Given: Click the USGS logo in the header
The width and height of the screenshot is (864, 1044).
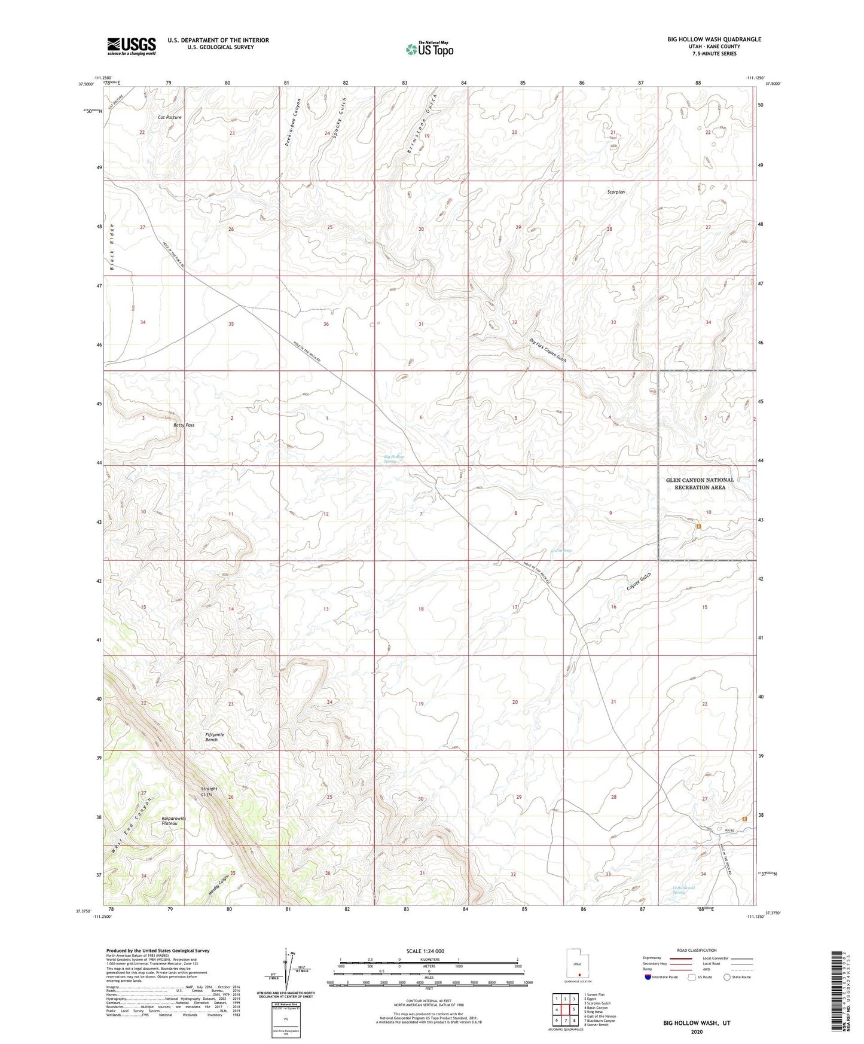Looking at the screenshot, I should [x=132, y=46].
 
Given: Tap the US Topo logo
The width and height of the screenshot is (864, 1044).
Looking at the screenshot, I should [x=429, y=49].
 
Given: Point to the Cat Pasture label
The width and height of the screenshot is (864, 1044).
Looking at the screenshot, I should [x=169, y=118].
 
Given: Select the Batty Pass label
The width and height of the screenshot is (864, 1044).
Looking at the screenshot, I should [x=184, y=425].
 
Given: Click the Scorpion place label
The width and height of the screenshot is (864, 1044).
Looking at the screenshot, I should [x=616, y=192].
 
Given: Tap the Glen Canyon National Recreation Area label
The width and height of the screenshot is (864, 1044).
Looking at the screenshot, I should [x=700, y=484].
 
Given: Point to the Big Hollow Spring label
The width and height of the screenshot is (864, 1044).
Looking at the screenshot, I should [x=394, y=459].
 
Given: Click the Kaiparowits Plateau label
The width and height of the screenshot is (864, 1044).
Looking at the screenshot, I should [x=174, y=821].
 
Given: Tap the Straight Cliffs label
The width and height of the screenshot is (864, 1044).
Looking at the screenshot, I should [x=209, y=792].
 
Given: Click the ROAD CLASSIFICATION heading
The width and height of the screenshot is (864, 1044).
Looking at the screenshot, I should [x=697, y=950].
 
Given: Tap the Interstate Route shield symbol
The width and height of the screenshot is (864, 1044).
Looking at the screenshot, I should [x=648, y=977].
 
